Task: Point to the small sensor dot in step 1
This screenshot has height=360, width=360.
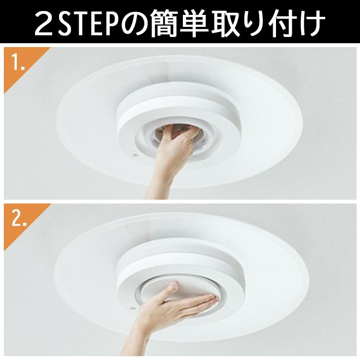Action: click(x=134, y=156)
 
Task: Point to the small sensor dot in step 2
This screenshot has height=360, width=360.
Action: click(x=132, y=308)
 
